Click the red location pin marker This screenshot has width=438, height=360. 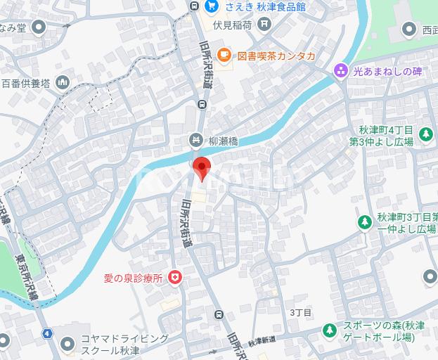point(201,169)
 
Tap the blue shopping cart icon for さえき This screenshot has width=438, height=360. point(210,6)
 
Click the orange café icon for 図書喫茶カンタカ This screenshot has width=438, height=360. point(223,54)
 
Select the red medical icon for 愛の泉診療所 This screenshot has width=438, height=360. point(174,279)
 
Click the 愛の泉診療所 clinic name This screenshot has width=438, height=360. point(133,279)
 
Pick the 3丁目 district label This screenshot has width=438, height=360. point(300,312)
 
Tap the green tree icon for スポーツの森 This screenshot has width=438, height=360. point(329,330)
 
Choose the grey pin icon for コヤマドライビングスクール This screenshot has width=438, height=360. point(67,344)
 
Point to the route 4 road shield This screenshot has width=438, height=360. point(46,333)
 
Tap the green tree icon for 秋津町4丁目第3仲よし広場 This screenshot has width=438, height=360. point(425,133)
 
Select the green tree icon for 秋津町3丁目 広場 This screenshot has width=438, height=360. point(364,223)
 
